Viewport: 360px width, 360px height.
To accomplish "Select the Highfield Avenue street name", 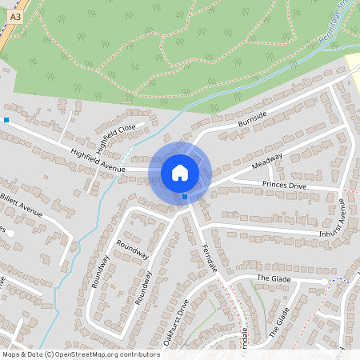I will click(x=98, y=158).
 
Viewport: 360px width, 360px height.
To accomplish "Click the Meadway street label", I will click(x=266, y=161).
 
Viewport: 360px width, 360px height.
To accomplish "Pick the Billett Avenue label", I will click(x=21, y=204).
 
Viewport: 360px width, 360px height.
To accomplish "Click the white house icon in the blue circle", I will click(x=179, y=172).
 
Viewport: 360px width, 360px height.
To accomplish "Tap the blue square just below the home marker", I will click(x=185, y=196).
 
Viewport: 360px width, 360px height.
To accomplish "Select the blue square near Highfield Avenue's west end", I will click(x=6, y=120).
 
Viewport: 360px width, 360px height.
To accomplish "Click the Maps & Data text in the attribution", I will click(x=22, y=354).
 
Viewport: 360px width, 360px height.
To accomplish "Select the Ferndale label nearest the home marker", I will click(x=210, y=260).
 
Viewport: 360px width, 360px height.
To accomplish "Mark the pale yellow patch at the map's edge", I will click(x=353, y=64).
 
